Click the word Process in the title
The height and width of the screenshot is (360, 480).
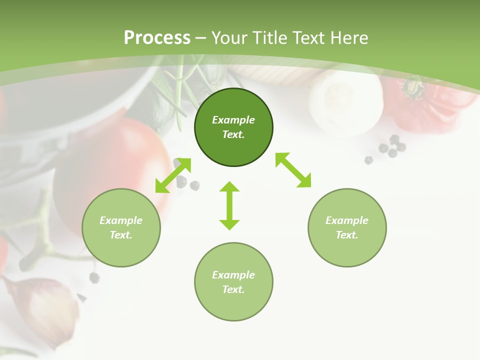point(157,38)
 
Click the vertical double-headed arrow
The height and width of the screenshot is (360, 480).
point(229,205)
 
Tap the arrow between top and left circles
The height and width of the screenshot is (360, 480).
point(173,175)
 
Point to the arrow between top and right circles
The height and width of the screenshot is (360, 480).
point(293,170)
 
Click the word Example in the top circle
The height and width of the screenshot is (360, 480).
point(233,120)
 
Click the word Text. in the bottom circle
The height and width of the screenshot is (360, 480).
point(233,289)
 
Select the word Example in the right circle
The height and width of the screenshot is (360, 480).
point(347,220)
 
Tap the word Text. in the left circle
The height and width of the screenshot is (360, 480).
point(121,235)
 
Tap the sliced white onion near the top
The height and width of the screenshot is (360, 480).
point(345,100)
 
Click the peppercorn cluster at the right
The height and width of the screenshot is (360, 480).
point(390,146)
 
